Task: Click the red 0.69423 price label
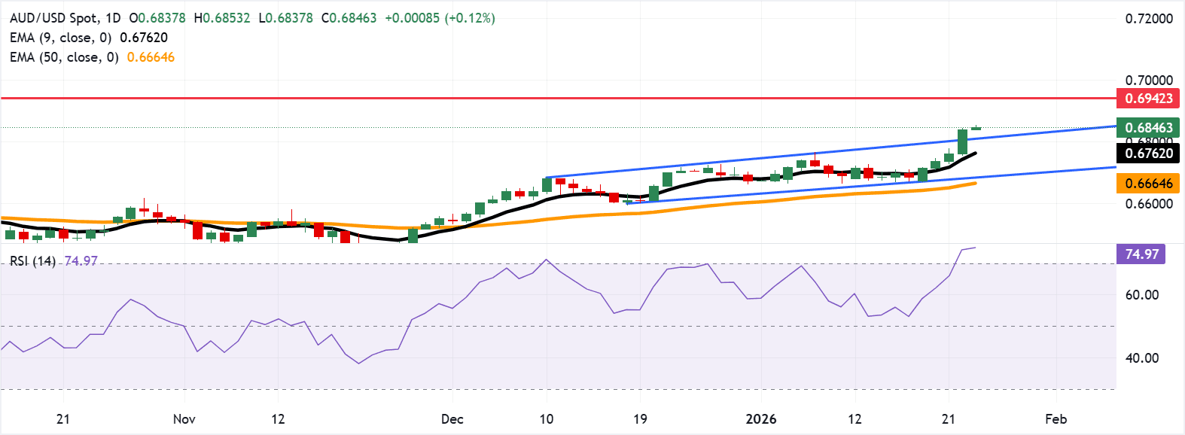(x=1148, y=99)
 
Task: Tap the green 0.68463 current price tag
(x=1148, y=128)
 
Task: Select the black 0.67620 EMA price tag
(x=1148, y=154)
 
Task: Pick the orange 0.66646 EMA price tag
(x=1148, y=184)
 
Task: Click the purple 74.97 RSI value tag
(x=1141, y=254)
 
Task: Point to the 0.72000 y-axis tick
(x=1148, y=19)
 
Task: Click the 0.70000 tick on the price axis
(x=1148, y=81)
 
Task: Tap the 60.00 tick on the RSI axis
(x=1141, y=295)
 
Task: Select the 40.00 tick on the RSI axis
(x=1141, y=358)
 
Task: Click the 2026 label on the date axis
(x=760, y=419)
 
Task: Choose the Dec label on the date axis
(x=452, y=419)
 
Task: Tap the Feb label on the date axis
(x=1056, y=419)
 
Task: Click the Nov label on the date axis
(x=184, y=419)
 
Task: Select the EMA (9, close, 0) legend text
(x=60, y=38)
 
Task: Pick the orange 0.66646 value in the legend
(x=151, y=57)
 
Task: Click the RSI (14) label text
(x=32, y=261)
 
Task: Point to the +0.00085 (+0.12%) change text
(x=440, y=18)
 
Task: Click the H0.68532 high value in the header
(x=221, y=18)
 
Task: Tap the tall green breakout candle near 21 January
(x=962, y=142)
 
